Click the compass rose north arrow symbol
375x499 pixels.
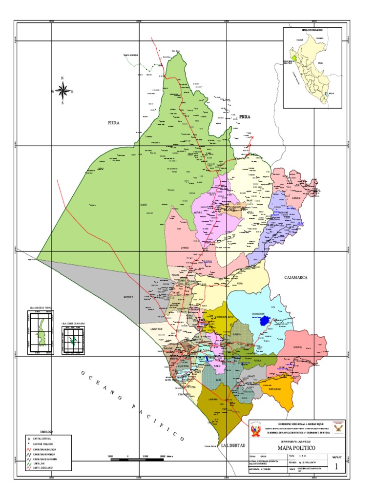coord(62,90)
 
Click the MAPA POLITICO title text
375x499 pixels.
coord(297,447)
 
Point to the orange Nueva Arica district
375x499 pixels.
coord(280,390)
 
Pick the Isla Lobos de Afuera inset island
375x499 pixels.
coord(73,341)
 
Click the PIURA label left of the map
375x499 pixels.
coord(113,123)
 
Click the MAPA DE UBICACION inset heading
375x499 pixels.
coord(312,30)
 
